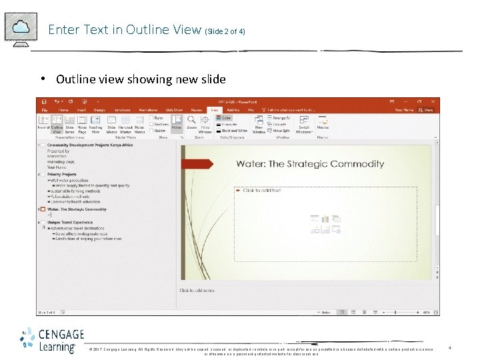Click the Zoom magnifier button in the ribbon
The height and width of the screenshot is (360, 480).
pyautogui.click(x=191, y=124)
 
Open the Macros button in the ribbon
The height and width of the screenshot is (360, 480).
pyautogui.click(x=323, y=124)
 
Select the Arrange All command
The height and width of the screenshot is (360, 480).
pyautogui.click(x=281, y=118)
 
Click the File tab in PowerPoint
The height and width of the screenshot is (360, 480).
pyautogui.click(x=45, y=109)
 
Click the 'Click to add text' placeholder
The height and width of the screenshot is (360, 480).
pyautogui.click(x=261, y=191)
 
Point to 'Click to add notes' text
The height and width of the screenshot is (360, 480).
pyautogui.click(x=197, y=291)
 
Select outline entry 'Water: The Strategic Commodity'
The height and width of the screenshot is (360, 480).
pyautogui.click(x=77, y=209)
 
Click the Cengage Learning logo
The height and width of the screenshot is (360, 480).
pyautogui.click(x=52, y=339)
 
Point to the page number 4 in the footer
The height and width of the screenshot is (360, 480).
pyautogui.click(x=450, y=348)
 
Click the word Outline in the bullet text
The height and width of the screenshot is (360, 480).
pyautogui.click(x=71, y=79)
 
